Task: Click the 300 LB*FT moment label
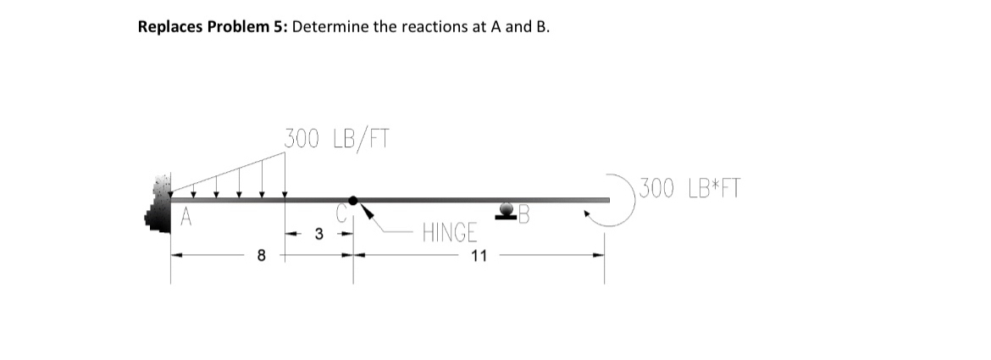coord(689,187)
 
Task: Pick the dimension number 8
coord(263,253)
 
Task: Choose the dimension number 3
coord(318,234)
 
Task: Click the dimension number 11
coord(479,256)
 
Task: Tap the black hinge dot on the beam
coord(354,201)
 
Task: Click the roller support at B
coord(509,211)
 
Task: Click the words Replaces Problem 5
coord(214,26)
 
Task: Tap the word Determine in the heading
coord(333,26)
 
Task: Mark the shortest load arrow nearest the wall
coord(193,190)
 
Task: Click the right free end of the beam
coord(606,200)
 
